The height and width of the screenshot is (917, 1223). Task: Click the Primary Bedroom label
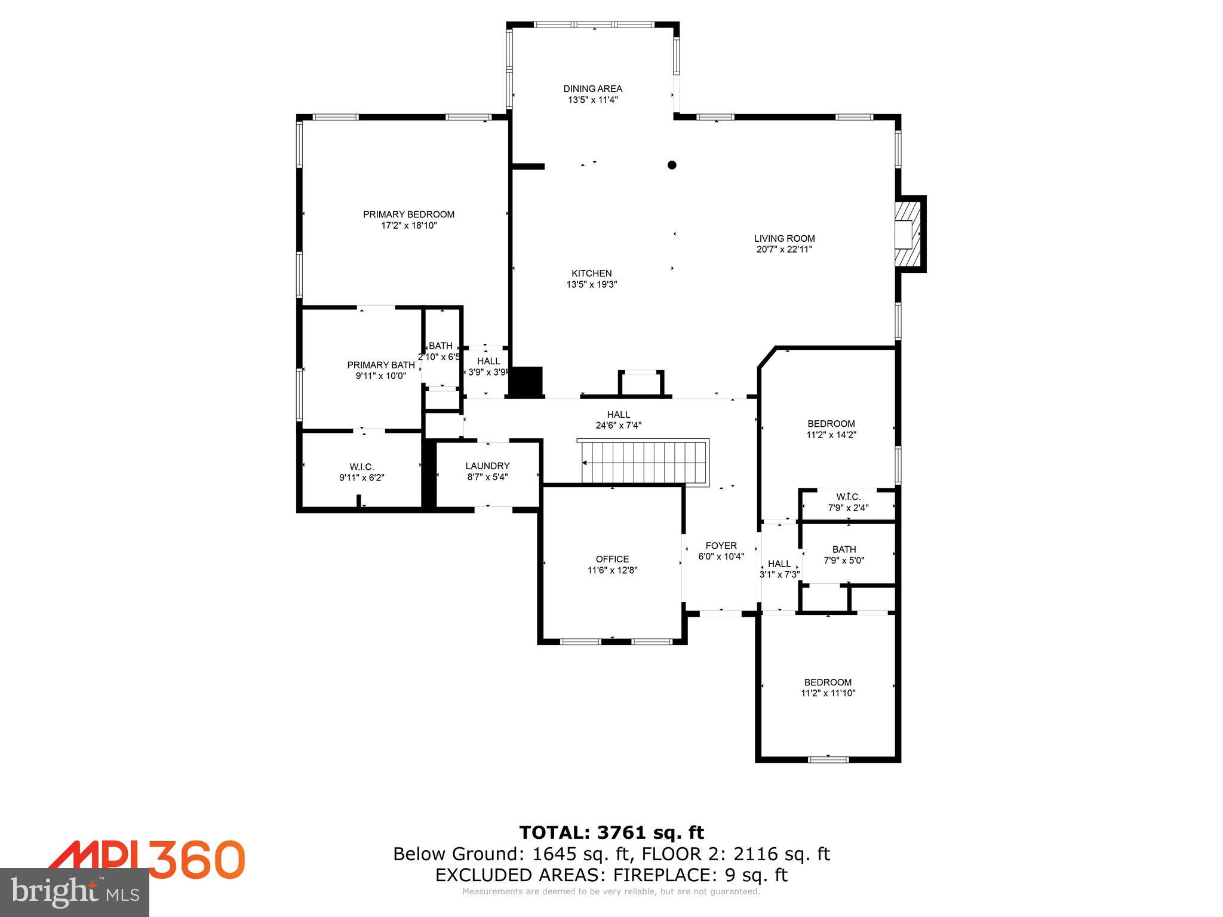408,214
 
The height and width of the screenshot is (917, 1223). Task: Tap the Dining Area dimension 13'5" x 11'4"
592,100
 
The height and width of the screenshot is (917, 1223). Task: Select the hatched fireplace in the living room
908,234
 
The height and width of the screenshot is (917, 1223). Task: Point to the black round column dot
672,165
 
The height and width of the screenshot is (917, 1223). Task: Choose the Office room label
612,559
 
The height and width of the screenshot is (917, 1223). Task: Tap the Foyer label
721,546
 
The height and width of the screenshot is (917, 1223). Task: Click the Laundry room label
487,466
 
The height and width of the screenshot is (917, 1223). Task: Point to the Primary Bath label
380,365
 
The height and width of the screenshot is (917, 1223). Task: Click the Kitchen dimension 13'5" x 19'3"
591,285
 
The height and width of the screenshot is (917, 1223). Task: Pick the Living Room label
784,238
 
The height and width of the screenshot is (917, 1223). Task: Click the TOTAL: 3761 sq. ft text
611,832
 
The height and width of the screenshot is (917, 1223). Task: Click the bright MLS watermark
75,892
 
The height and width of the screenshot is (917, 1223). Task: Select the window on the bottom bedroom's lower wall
828,759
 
